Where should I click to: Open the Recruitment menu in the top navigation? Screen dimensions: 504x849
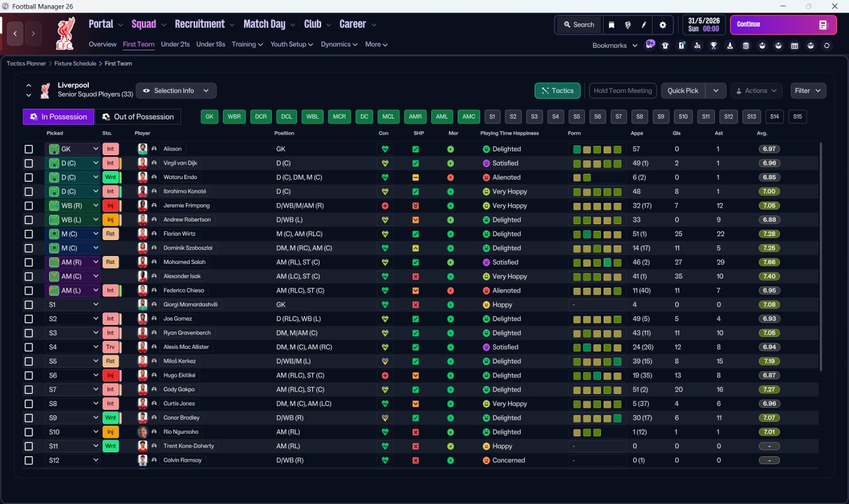click(x=200, y=25)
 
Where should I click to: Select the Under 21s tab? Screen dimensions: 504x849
click(x=175, y=44)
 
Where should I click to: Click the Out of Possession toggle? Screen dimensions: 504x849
click(x=138, y=117)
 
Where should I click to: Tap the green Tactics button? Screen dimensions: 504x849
click(x=557, y=91)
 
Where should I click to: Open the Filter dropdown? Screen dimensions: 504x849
click(x=807, y=91)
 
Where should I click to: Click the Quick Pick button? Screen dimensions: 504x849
click(x=683, y=91)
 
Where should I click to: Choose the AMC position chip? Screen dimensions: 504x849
click(x=469, y=117)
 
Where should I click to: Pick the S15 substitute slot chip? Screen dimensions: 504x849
click(x=797, y=117)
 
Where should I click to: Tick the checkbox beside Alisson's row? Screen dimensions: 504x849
click(x=29, y=149)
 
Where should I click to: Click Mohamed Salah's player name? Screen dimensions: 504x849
click(x=181, y=263)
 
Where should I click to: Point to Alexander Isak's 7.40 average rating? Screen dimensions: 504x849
click(x=769, y=277)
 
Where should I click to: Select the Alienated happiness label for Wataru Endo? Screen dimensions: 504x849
click(x=506, y=178)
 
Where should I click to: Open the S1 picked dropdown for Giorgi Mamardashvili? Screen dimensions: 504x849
click(x=72, y=305)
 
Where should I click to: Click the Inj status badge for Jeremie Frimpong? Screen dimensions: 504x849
click(x=111, y=206)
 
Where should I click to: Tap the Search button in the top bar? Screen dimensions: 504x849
click(x=578, y=25)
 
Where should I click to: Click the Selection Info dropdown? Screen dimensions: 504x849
click(x=176, y=91)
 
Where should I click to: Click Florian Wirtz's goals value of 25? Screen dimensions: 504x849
click(x=678, y=234)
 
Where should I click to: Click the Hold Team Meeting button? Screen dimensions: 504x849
click(x=622, y=91)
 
